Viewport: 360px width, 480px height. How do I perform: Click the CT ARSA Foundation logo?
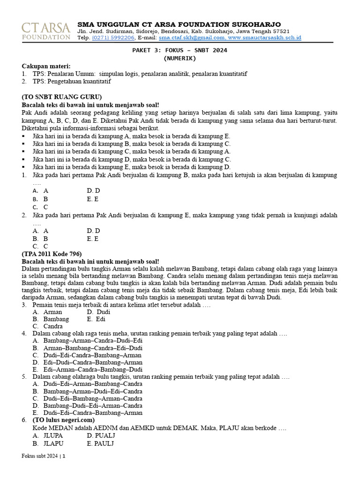[46, 30]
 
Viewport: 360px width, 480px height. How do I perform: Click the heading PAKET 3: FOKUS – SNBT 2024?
[180, 51]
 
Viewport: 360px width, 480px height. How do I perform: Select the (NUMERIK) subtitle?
[180, 59]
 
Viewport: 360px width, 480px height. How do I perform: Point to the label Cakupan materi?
[46, 66]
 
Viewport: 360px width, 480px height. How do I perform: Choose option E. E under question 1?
[93, 199]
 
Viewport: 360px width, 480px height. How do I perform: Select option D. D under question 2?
[93, 231]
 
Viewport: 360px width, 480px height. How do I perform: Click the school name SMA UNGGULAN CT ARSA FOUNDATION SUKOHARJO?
[179, 24]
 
